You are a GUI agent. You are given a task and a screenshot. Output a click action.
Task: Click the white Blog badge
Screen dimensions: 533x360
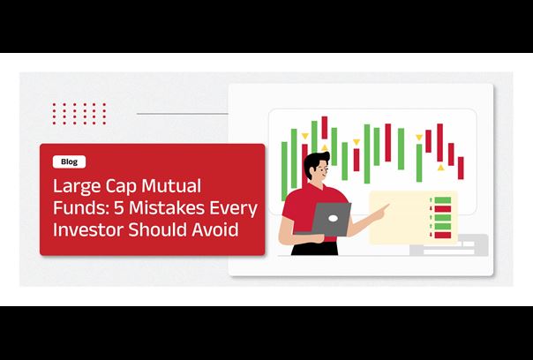(70, 161)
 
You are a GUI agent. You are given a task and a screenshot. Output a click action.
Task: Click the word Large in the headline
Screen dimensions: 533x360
(77, 187)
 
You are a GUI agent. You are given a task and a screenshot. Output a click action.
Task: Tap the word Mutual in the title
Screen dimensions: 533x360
(171, 186)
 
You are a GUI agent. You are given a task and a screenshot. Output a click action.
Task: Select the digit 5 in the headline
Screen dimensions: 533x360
(118, 208)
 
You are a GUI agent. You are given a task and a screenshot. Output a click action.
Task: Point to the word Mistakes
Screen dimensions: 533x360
(167, 207)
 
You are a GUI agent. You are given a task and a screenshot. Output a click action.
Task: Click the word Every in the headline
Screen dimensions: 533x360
(233, 209)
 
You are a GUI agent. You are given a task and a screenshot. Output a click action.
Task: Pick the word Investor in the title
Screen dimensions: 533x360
(88, 229)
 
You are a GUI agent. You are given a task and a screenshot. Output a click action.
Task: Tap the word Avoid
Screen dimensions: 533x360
(214, 229)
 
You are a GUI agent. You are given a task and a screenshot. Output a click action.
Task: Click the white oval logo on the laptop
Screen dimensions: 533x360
(333, 219)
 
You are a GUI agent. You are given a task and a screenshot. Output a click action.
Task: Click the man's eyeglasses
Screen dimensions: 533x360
(324, 169)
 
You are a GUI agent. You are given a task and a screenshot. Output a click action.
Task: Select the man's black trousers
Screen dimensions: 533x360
(314, 248)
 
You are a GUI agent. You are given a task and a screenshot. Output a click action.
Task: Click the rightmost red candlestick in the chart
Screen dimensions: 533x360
(461, 168)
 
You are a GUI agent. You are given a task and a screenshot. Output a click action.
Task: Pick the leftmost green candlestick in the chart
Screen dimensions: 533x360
(284, 171)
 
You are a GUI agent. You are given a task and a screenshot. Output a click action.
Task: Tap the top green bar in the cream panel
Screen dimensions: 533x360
(443, 200)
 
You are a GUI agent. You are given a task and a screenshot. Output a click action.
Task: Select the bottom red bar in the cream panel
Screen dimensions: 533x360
(443, 235)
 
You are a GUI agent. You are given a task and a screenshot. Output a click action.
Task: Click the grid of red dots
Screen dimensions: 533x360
(79, 114)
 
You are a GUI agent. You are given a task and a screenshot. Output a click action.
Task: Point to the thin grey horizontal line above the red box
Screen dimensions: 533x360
(182, 114)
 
